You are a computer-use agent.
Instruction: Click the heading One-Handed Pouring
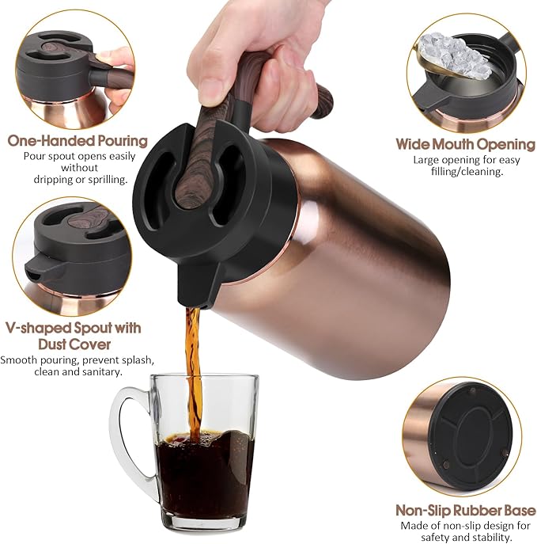click(x=78, y=141)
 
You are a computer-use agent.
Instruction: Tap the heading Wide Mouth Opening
click(x=465, y=144)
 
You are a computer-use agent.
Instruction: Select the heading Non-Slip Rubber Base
click(x=465, y=510)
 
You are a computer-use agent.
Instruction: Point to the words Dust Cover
click(x=74, y=344)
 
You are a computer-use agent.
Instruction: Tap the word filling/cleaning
click(x=470, y=171)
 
